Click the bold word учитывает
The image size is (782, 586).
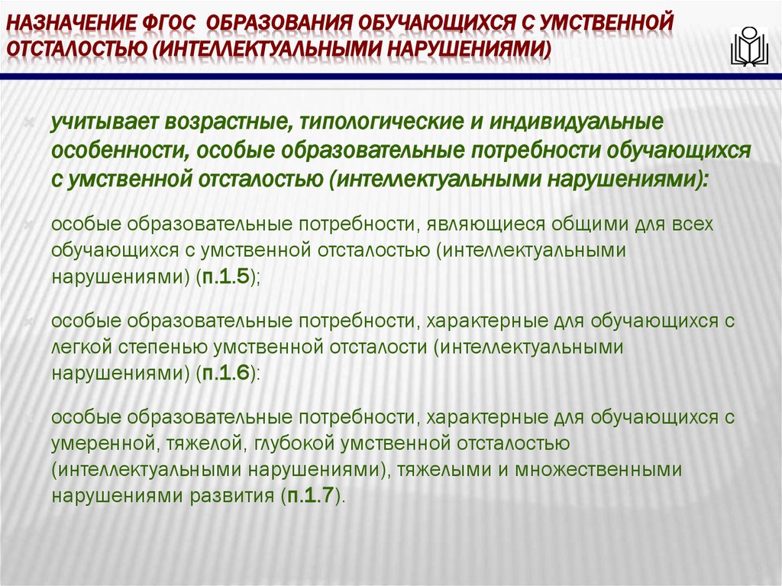(97, 122)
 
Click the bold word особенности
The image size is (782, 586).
(114, 151)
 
